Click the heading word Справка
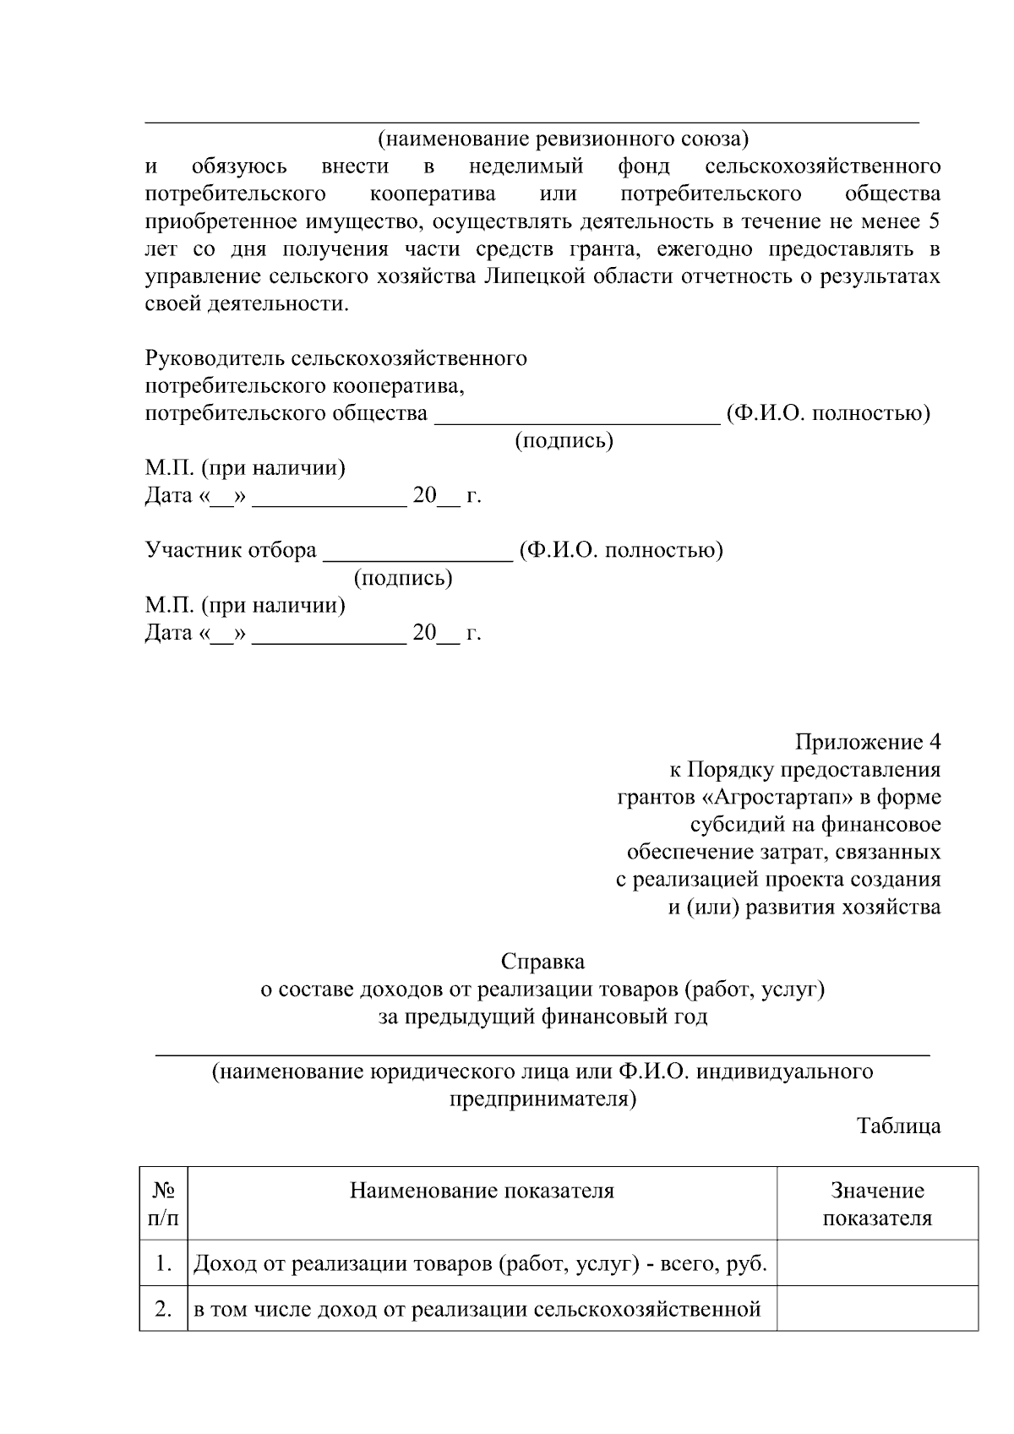(542, 962)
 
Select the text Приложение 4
(867, 742)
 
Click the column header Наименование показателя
(482, 1191)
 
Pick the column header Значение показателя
(877, 1204)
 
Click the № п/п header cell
(164, 1204)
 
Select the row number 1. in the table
(164, 1264)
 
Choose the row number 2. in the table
(164, 1309)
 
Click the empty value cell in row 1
(877, 1264)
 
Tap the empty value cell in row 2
(877, 1309)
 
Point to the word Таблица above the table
(898, 1126)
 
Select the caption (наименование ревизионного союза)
(562, 138)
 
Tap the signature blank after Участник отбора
(419, 551)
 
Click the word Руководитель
(215, 358)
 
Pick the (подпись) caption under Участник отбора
(403, 578)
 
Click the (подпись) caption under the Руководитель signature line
(564, 440)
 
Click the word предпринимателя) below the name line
(542, 1099)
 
